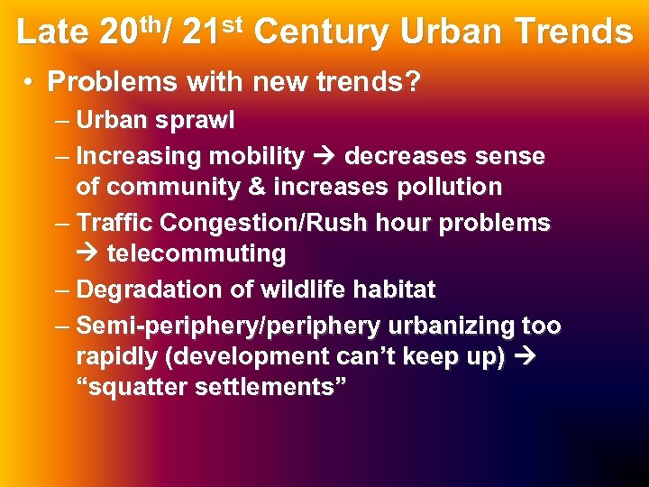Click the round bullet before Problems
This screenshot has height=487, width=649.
(x=30, y=83)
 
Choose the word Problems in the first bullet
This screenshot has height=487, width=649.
(x=114, y=83)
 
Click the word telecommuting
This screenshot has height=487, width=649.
(x=197, y=254)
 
